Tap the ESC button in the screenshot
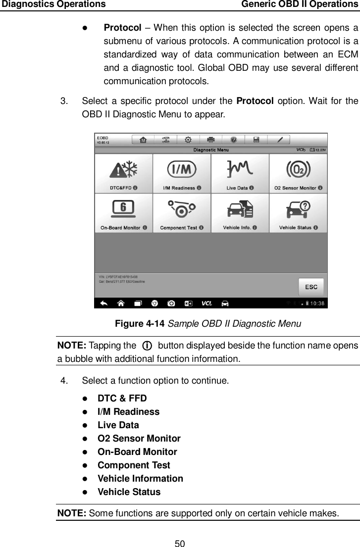[310, 287]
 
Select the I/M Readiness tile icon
[182, 170]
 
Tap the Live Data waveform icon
[240, 170]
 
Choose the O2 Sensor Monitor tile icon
[298, 170]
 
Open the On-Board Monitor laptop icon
[123, 210]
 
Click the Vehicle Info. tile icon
[240, 210]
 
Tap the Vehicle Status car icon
[298, 210]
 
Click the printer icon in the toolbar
[211, 140]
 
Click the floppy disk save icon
[257, 140]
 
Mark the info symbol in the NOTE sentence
[147, 345]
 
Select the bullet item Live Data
[118, 425]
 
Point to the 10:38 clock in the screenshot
[317, 303]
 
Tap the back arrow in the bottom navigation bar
[104, 303]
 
